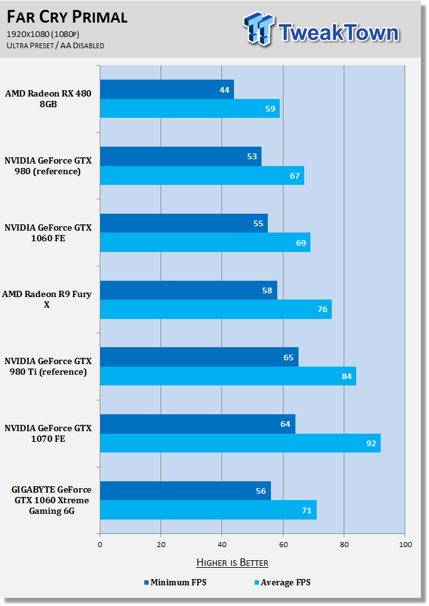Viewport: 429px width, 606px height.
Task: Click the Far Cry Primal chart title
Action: (x=67, y=17)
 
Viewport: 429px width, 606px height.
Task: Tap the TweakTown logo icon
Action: (x=258, y=29)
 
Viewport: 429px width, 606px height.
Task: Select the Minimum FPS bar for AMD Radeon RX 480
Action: (x=167, y=89)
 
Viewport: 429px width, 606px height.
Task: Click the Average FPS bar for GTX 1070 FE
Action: (x=240, y=443)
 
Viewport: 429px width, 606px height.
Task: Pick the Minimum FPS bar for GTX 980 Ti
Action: (x=199, y=357)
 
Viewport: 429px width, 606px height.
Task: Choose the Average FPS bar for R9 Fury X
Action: (x=216, y=309)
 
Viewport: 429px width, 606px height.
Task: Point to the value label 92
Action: (x=371, y=443)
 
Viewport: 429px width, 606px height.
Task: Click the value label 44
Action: (x=225, y=90)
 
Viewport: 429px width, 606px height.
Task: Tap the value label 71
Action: (x=307, y=511)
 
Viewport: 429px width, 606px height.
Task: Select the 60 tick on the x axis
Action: (x=283, y=545)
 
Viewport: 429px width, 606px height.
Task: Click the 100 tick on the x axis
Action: (x=405, y=545)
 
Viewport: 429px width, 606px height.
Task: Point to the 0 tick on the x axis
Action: (x=100, y=545)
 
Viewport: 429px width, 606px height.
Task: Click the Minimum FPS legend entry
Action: (x=175, y=582)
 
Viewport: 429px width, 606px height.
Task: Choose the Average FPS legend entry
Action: (x=282, y=582)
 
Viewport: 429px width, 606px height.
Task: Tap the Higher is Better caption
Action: (x=233, y=562)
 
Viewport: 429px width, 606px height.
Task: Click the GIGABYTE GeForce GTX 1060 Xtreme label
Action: (x=51, y=500)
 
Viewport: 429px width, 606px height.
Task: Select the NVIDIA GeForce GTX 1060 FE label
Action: (x=48, y=232)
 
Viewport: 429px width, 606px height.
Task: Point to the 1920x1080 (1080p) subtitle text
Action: (x=43, y=34)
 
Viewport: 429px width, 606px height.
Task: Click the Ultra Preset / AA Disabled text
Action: (x=55, y=46)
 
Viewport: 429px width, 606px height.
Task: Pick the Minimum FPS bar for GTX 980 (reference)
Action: (x=181, y=156)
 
